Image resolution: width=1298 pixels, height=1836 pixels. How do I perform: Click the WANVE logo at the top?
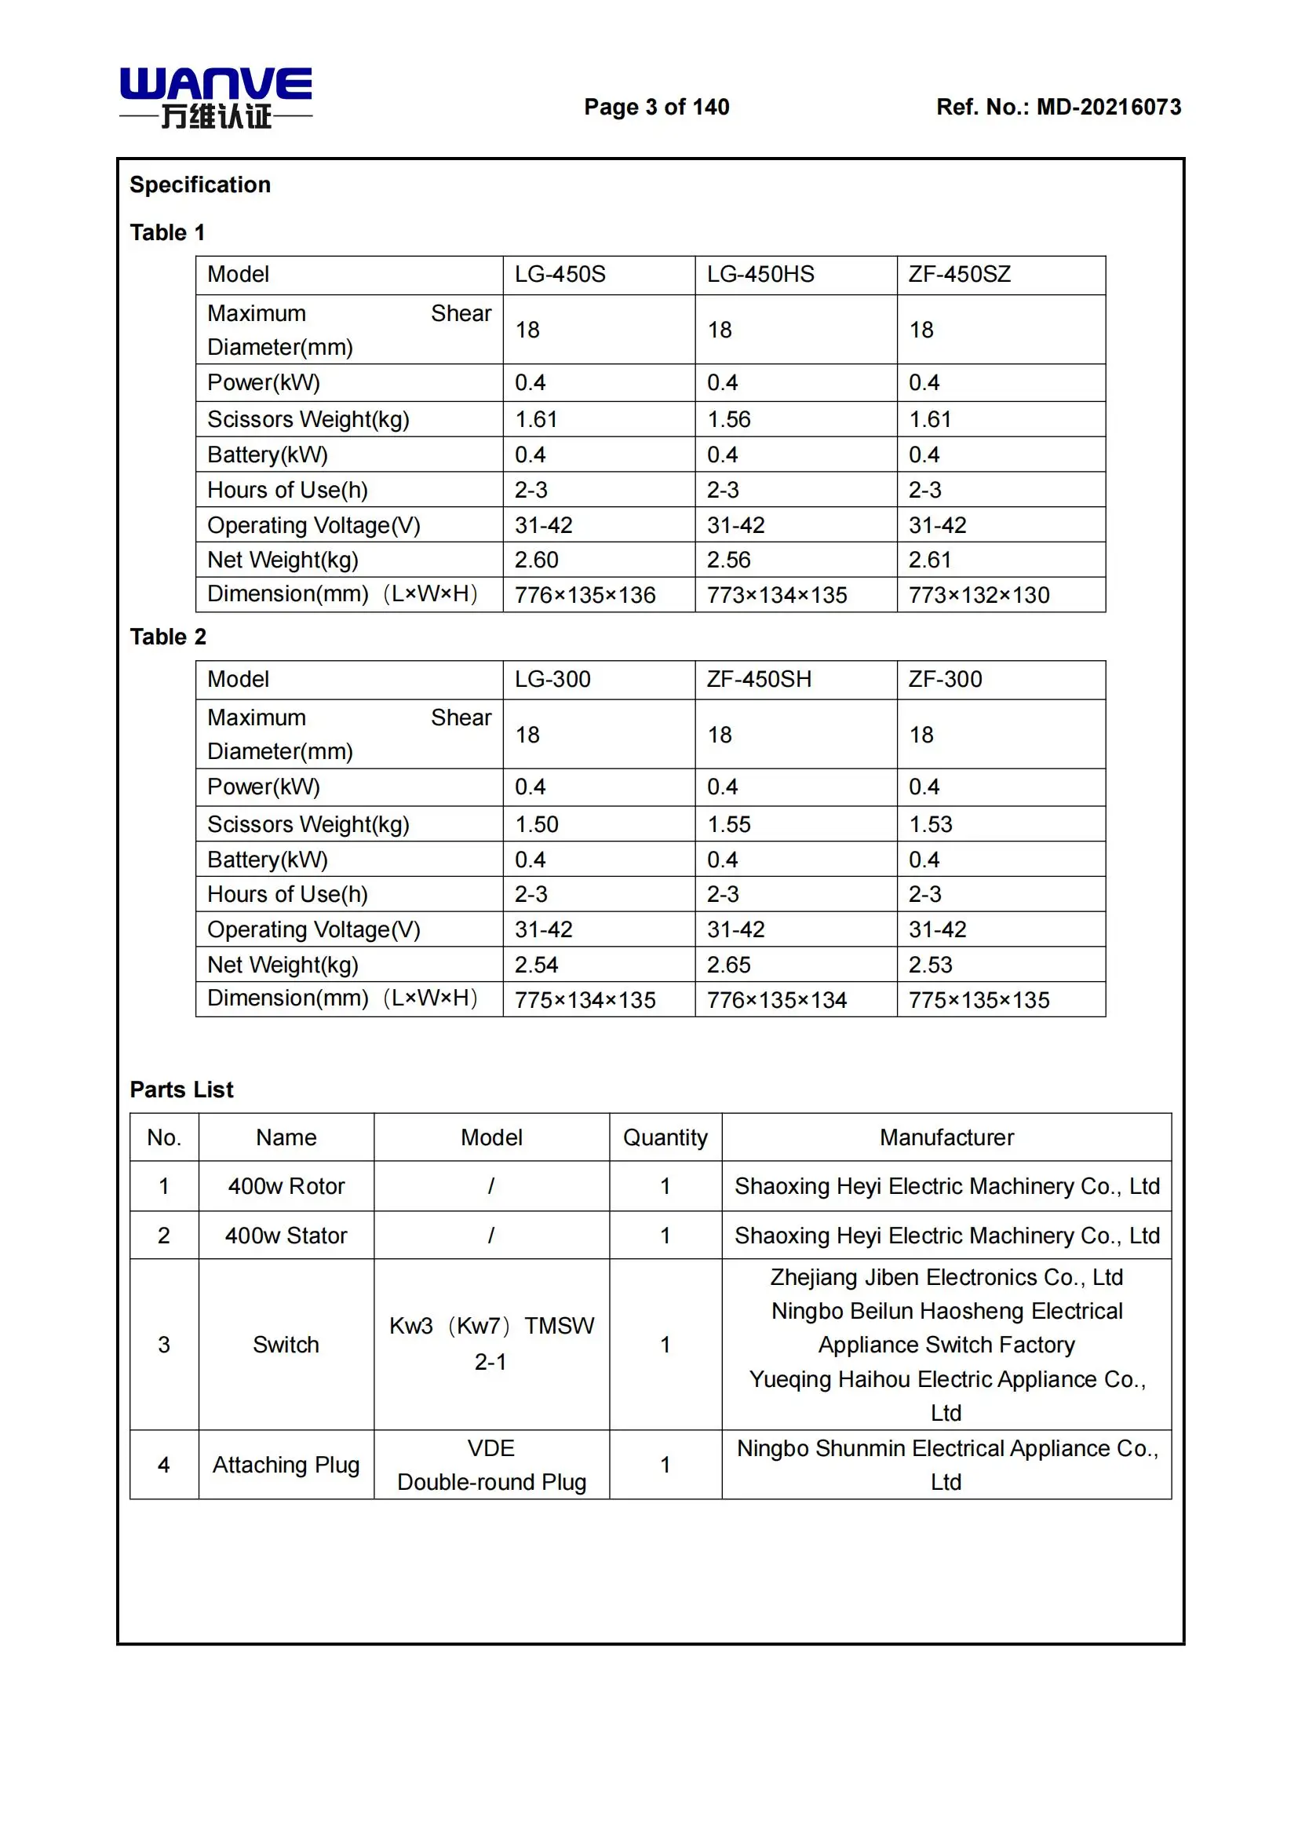pyautogui.click(x=216, y=97)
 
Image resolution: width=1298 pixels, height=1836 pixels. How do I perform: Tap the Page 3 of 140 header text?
pyautogui.click(x=656, y=108)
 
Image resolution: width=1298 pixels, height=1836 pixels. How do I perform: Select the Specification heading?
pyautogui.click(x=200, y=184)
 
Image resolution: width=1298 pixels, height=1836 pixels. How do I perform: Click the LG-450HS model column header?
pyautogui.click(x=760, y=274)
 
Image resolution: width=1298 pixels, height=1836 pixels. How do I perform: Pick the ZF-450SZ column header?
pyautogui.click(x=959, y=274)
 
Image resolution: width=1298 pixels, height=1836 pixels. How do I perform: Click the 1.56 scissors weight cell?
pyautogui.click(x=729, y=419)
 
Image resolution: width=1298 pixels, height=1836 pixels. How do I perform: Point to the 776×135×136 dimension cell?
pyautogui.click(x=585, y=595)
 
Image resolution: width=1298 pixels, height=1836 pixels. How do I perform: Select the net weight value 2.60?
pyautogui.click(x=536, y=560)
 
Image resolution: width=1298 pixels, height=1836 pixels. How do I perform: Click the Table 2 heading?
pyautogui.click(x=168, y=637)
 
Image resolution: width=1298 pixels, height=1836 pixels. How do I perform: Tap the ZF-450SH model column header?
pyautogui.click(x=759, y=679)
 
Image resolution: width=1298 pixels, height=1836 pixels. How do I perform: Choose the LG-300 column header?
pyautogui.click(x=552, y=679)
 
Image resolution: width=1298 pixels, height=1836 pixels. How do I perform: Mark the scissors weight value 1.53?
pyautogui.click(x=931, y=823)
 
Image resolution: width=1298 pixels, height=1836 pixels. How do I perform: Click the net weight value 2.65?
pyautogui.click(x=729, y=965)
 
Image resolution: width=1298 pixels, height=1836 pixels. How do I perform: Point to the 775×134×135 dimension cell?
pyautogui.click(x=585, y=999)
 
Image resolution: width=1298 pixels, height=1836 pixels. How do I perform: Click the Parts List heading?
pyautogui.click(x=181, y=1090)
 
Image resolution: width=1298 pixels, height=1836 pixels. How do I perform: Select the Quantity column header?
pyautogui.click(x=665, y=1137)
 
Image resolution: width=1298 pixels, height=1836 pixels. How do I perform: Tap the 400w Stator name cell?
pyautogui.click(x=286, y=1236)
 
